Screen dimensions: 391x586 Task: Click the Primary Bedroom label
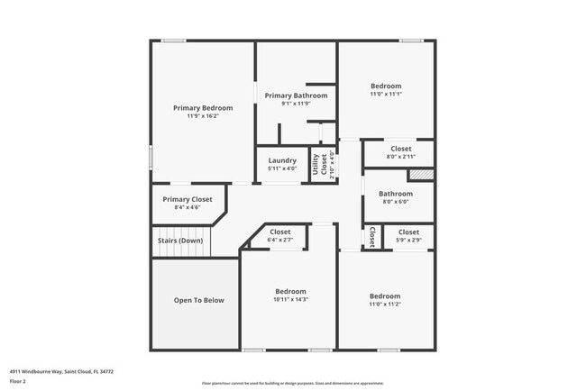point(203,107)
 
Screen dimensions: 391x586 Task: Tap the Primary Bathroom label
point(296,95)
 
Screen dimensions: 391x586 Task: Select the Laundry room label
point(282,160)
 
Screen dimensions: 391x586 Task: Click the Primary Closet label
point(188,199)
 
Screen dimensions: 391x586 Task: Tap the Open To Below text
point(198,300)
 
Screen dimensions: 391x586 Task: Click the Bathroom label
point(396,193)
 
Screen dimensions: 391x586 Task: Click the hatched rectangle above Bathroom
point(421,175)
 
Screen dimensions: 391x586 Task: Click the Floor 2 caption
point(19,381)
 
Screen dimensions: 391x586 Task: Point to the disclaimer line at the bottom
point(292,383)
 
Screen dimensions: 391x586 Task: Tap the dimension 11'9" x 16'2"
point(203,115)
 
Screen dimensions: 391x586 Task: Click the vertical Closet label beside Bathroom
point(372,237)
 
